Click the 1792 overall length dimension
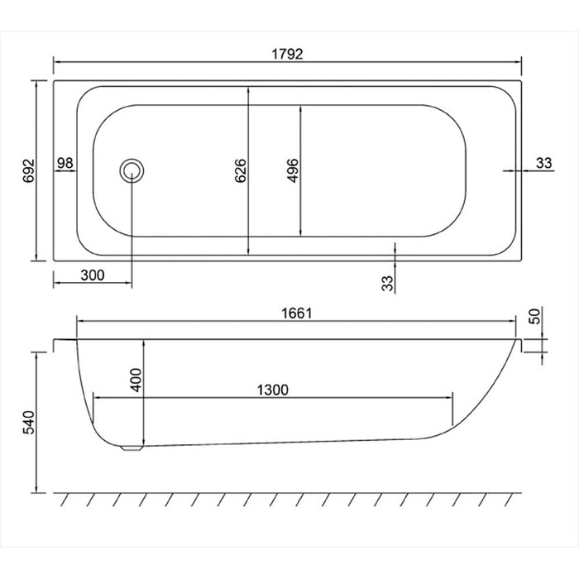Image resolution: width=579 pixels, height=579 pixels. click(x=288, y=54)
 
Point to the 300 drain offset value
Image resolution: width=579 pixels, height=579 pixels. click(x=93, y=276)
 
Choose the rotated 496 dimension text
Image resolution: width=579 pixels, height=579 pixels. click(x=291, y=170)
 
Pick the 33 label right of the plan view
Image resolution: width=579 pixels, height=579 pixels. click(x=543, y=163)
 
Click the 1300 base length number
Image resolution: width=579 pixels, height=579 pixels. click(x=272, y=390)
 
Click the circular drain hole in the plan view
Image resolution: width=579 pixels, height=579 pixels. click(x=132, y=170)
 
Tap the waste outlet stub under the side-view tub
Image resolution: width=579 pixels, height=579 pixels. click(x=131, y=447)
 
